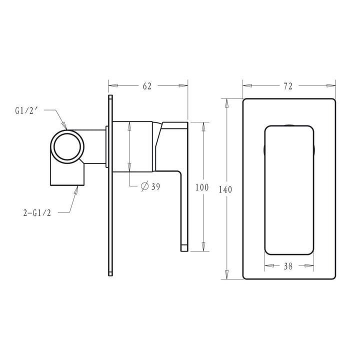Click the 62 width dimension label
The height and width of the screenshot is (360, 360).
coord(146,86)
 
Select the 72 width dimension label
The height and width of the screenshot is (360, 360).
coord(287,86)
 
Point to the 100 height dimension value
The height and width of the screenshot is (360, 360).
coord(201,187)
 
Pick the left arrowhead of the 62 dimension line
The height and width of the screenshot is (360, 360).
coord(112,86)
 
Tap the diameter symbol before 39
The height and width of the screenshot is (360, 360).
coord(143,186)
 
